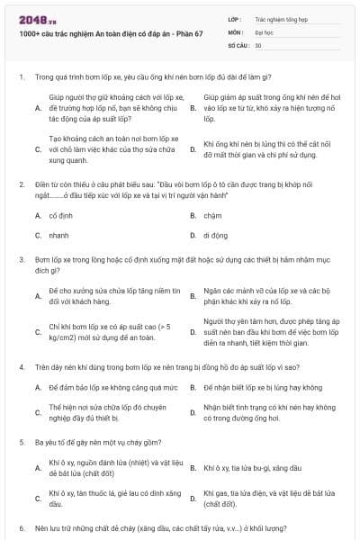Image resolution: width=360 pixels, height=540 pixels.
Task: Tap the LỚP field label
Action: point(235,18)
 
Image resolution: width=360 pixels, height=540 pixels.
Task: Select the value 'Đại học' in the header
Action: point(265,31)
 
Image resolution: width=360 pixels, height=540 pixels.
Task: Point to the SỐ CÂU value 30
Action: point(258,44)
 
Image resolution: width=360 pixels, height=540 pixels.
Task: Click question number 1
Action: point(20,77)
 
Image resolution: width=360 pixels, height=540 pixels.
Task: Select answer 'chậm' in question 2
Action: point(212,216)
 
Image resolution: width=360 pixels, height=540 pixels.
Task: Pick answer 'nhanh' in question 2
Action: point(59,235)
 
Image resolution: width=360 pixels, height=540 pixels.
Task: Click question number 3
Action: point(20,259)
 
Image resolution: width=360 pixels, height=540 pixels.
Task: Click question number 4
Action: point(20,367)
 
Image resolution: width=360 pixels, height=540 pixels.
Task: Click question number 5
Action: point(20,443)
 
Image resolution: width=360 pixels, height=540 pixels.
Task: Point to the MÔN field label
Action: point(235,31)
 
